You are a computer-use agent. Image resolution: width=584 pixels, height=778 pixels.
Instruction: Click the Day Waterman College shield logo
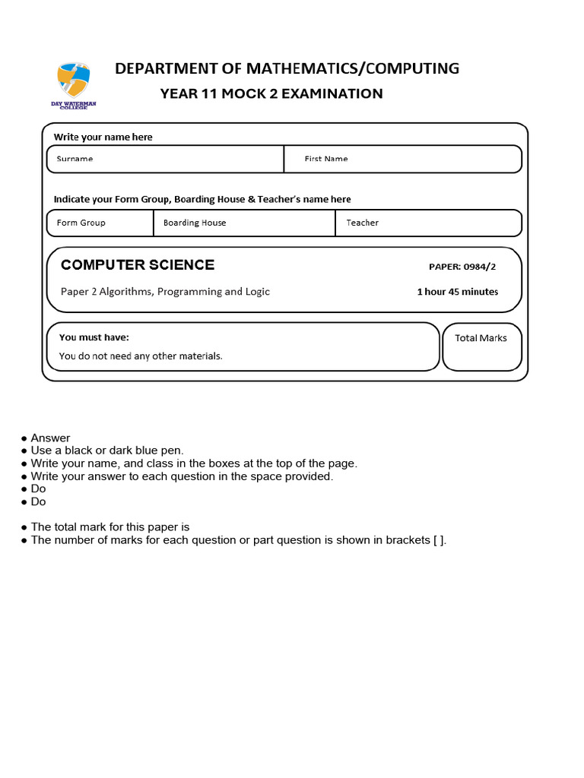(74, 81)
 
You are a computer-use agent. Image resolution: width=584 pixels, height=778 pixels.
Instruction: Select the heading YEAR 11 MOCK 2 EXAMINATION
(271, 93)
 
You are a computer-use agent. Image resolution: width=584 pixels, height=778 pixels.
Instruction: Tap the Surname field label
(75, 159)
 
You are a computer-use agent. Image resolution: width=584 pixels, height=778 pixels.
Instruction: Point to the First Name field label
(325, 159)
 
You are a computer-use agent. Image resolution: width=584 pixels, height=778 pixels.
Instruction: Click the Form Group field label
(81, 223)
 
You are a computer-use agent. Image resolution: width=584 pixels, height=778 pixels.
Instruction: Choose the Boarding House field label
(195, 223)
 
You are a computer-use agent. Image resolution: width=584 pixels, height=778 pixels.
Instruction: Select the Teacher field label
(362, 223)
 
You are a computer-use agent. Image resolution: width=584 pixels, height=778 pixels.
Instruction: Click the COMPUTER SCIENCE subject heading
(138, 264)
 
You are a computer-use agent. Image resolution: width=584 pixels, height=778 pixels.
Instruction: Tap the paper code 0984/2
(463, 267)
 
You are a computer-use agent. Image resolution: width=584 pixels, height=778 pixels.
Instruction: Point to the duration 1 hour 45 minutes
(457, 292)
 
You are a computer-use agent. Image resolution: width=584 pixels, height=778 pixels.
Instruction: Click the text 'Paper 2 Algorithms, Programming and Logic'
(165, 292)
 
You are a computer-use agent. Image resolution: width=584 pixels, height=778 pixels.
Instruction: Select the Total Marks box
(481, 346)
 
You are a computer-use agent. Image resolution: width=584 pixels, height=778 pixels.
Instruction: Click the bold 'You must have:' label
(94, 337)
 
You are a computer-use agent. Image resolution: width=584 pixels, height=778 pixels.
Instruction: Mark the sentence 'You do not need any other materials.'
(141, 356)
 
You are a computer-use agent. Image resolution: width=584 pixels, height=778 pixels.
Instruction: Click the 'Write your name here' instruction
(103, 137)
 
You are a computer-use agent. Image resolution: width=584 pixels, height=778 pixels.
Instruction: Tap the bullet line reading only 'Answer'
(50, 438)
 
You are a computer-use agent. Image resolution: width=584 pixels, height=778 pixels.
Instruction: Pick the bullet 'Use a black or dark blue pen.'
(107, 451)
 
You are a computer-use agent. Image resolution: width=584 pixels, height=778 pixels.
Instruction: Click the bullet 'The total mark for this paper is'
(109, 527)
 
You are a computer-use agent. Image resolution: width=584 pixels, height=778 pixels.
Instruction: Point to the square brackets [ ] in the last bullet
(437, 540)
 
